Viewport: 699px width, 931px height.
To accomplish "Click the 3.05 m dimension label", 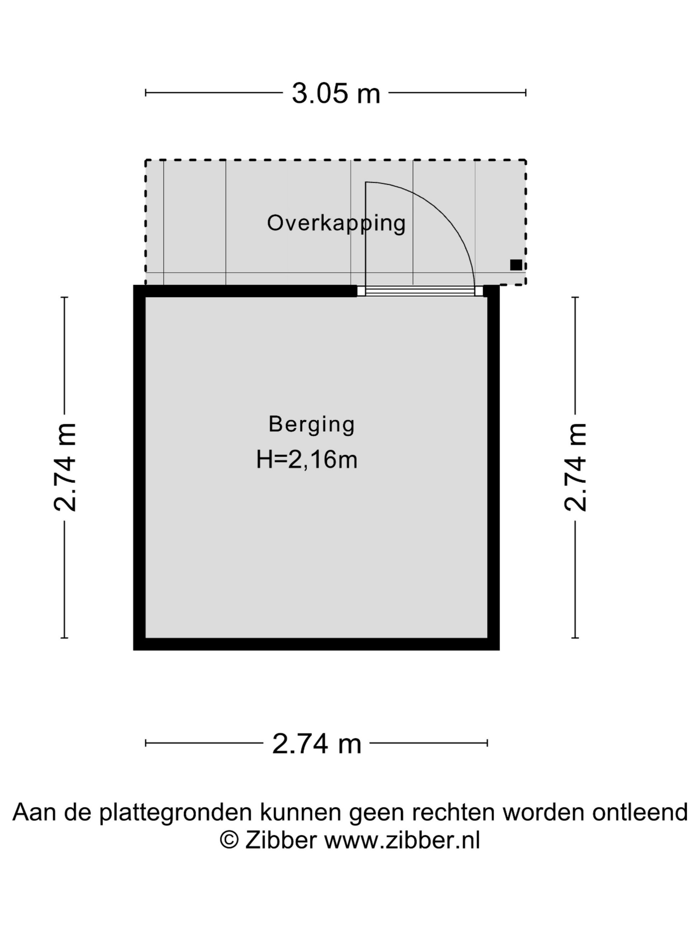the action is click(x=336, y=93).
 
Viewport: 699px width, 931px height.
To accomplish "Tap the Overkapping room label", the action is click(x=336, y=223).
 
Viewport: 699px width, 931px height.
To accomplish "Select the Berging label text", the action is click(x=311, y=425).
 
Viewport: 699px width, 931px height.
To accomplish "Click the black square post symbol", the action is click(x=516, y=265).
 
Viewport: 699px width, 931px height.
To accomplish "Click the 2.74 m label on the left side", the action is click(x=65, y=467).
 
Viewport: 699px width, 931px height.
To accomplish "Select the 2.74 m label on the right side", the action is click(x=575, y=467).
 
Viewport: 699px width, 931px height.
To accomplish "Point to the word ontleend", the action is click(x=640, y=812).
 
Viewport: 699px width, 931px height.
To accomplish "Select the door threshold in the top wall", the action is click(x=420, y=291).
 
